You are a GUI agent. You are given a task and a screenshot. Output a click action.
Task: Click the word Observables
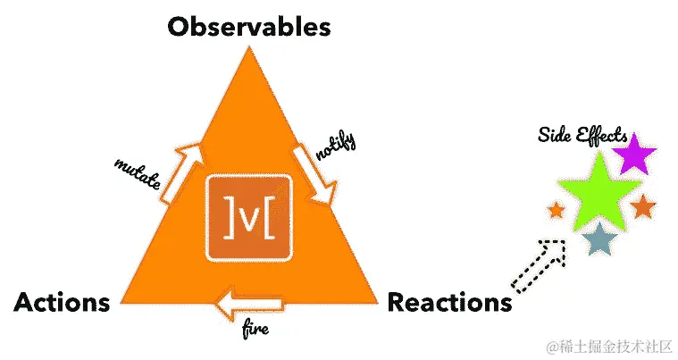(249, 26)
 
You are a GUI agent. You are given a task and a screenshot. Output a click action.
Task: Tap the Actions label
(62, 303)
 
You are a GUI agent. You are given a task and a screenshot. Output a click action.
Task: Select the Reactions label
(449, 303)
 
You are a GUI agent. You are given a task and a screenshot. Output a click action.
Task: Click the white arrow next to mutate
(183, 173)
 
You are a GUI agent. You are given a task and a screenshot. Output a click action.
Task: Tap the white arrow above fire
(251, 306)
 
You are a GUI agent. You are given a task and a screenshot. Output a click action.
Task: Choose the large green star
(597, 186)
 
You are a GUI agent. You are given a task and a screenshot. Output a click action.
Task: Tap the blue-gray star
(599, 239)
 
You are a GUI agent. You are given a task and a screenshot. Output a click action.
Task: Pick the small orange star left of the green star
(556, 211)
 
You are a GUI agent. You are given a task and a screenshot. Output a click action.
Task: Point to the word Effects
(596, 135)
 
